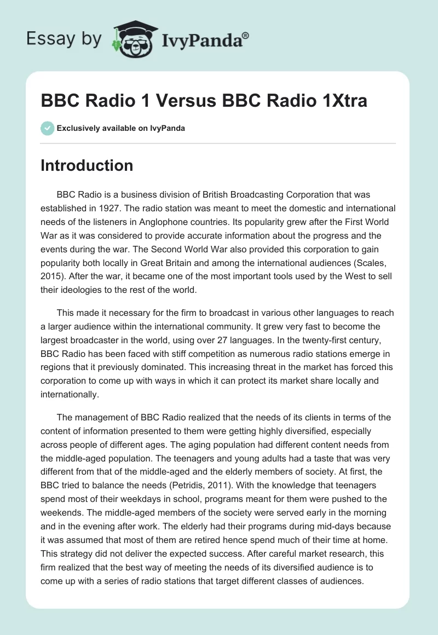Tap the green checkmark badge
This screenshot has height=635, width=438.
[x=47, y=128]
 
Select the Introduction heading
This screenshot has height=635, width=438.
[x=87, y=165]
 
